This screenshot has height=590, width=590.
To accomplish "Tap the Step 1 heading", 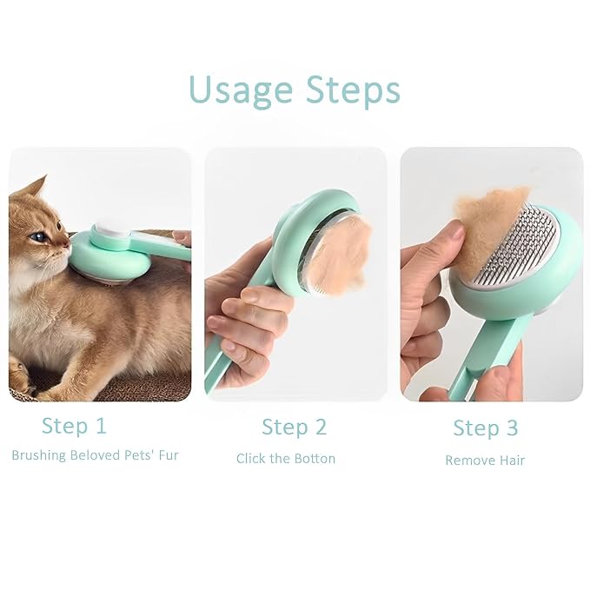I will click(74, 426).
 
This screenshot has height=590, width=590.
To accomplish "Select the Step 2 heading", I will click(294, 427).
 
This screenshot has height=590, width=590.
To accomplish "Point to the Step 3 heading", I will click(485, 428).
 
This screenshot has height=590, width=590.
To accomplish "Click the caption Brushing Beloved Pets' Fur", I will click(95, 455).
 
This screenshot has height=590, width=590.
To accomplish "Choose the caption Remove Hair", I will click(485, 461).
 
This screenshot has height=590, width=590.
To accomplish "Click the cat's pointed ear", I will click(37, 188).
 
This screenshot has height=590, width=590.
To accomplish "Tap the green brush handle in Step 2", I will click(221, 356).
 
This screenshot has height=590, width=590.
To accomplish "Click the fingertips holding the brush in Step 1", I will click(181, 235).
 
